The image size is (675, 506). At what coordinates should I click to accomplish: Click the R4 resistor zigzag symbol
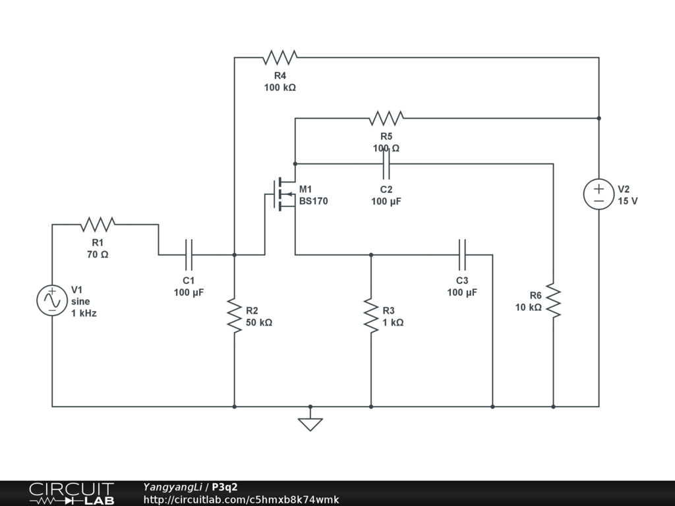(x=279, y=57)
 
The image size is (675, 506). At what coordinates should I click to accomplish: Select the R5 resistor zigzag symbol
(x=386, y=118)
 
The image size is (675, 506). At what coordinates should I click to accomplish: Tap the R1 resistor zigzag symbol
(x=98, y=224)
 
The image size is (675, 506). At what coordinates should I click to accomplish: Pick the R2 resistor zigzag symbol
(x=235, y=316)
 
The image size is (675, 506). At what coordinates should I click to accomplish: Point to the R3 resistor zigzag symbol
(x=371, y=316)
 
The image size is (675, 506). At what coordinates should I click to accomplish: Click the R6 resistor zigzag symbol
(x=554, y=300)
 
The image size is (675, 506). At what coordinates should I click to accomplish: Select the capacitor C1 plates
(x=189, y=255)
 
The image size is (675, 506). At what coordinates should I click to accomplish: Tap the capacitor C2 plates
(x=386, y=163)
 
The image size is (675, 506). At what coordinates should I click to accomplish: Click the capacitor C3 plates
(x=462, y=255)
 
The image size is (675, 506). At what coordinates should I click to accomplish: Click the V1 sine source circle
(x=52, y=300)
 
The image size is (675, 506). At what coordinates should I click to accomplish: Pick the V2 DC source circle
(x=599, y=194)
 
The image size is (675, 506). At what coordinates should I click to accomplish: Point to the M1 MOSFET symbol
(x=282, y=194)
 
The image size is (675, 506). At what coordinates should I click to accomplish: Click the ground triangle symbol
(x=310, y=424)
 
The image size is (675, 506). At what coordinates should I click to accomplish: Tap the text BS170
(x=313, y=201)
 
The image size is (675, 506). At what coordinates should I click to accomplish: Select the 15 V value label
(x=628, y=201)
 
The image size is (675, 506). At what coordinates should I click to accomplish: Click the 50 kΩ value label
(x=258, y=322)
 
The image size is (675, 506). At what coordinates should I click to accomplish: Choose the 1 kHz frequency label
(x=84, y=313)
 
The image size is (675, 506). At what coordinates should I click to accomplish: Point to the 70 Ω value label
(x=98, y=254)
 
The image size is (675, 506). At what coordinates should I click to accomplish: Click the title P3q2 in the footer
(x=225, y=487)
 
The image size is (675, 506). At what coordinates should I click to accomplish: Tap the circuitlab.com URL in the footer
(x=241, y=499)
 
